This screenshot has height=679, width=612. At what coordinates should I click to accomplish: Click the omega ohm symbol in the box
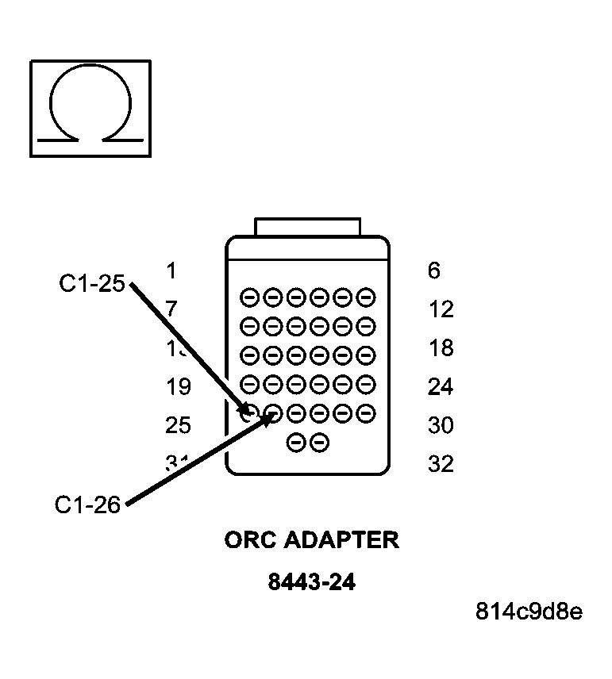coord(90,107)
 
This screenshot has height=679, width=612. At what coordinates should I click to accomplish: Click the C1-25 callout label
coord(92,283)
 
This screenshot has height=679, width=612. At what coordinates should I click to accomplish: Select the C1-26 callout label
coord(87,504)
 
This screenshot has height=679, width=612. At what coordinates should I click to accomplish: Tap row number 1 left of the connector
coord(171,271)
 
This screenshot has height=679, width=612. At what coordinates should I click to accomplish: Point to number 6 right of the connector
coord(433,271)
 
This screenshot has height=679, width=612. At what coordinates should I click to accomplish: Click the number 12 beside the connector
coord(441,309)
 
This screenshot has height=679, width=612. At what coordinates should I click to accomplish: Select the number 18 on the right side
coord(441,348)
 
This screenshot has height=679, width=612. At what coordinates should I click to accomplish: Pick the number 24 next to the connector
coord(441,387)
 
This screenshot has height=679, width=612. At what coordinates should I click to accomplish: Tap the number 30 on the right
coord(441,426)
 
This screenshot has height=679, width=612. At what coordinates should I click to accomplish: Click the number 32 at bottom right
coord(441,464)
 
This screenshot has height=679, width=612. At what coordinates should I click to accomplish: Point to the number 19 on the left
coord(178,387)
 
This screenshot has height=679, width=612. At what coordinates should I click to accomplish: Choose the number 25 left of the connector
coord(178,426)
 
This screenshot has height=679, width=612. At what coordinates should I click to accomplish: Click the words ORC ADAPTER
coord(311,541)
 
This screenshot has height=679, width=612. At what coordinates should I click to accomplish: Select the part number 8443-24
coord(311,583)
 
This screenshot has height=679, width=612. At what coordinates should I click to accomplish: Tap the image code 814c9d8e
coord(529,612)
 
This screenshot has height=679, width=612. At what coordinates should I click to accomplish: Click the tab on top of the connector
coord(307,227)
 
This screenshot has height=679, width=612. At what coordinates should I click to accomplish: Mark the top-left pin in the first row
coord(249,298)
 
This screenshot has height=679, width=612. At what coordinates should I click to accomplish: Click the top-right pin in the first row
coord(366,298)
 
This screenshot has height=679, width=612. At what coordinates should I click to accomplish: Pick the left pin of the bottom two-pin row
coord(295,443)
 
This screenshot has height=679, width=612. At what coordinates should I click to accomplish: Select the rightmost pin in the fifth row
coord(366,413)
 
